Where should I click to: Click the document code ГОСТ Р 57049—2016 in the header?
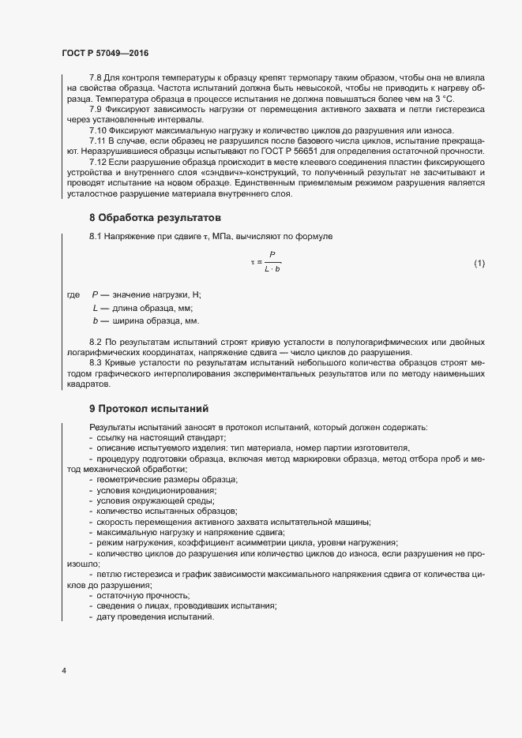pos(104,52)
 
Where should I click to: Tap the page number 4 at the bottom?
pos(63,672)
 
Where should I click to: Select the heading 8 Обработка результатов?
pos(154,217)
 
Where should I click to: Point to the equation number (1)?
pos(479,263)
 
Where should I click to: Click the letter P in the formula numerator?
pos(272,254)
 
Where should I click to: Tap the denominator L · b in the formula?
pos(272,270)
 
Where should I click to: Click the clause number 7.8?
pos(96,77)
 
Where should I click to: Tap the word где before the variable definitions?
pos(73,294)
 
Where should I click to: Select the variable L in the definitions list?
pos(95,308)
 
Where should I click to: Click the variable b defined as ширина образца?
pos(95,321)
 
